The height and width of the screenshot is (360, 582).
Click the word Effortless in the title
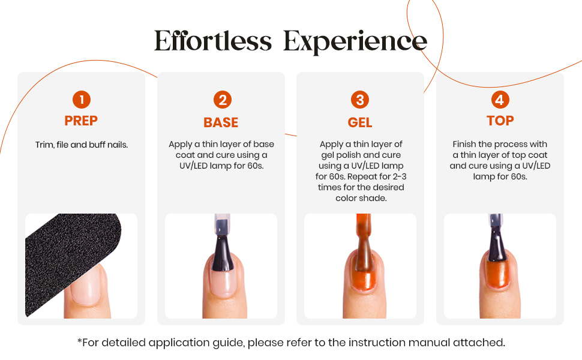[213, 41]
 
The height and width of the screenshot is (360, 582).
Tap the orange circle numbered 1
[82, 100]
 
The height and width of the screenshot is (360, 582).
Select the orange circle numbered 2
[223, 100]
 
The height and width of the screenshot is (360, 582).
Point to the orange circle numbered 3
[360, 100]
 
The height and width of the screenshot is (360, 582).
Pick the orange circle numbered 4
[500, 100]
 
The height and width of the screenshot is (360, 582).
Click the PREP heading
[81, 121]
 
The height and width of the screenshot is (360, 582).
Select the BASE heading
[221, 122]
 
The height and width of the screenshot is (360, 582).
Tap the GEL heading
[359, 122]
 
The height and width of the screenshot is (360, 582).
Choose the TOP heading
[500, 121]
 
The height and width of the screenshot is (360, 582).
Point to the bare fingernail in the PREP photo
[86, 284]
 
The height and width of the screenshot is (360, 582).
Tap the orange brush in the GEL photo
[364, 245]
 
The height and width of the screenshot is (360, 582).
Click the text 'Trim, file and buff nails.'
[82, 145]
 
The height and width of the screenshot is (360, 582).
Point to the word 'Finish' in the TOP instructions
[464, 144]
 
